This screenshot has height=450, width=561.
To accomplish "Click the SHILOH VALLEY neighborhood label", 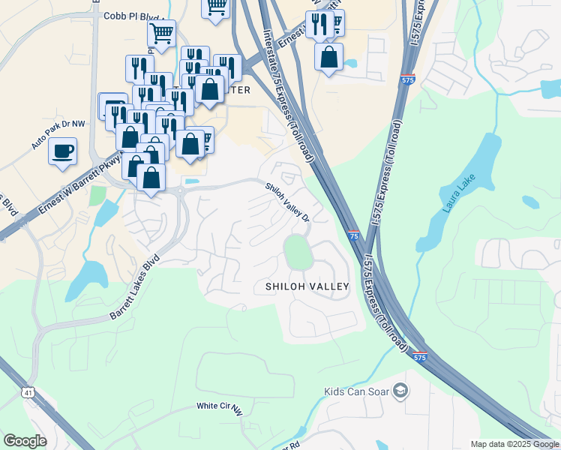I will click(307, 286).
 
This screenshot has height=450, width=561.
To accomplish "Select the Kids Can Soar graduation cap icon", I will click(401, 390).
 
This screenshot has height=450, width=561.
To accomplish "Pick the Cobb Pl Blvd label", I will click(133, 15).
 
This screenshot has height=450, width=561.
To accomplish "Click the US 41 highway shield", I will click(28, 392).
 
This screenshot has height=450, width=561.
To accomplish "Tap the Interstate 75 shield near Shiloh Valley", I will click(353, 236).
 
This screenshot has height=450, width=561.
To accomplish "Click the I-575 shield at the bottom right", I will click(420, 358).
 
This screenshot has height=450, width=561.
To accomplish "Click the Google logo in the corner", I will click(25, 441).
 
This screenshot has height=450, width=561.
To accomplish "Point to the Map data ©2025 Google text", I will click(514, 444).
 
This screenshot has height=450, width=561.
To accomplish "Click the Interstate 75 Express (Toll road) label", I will click(289, 94).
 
